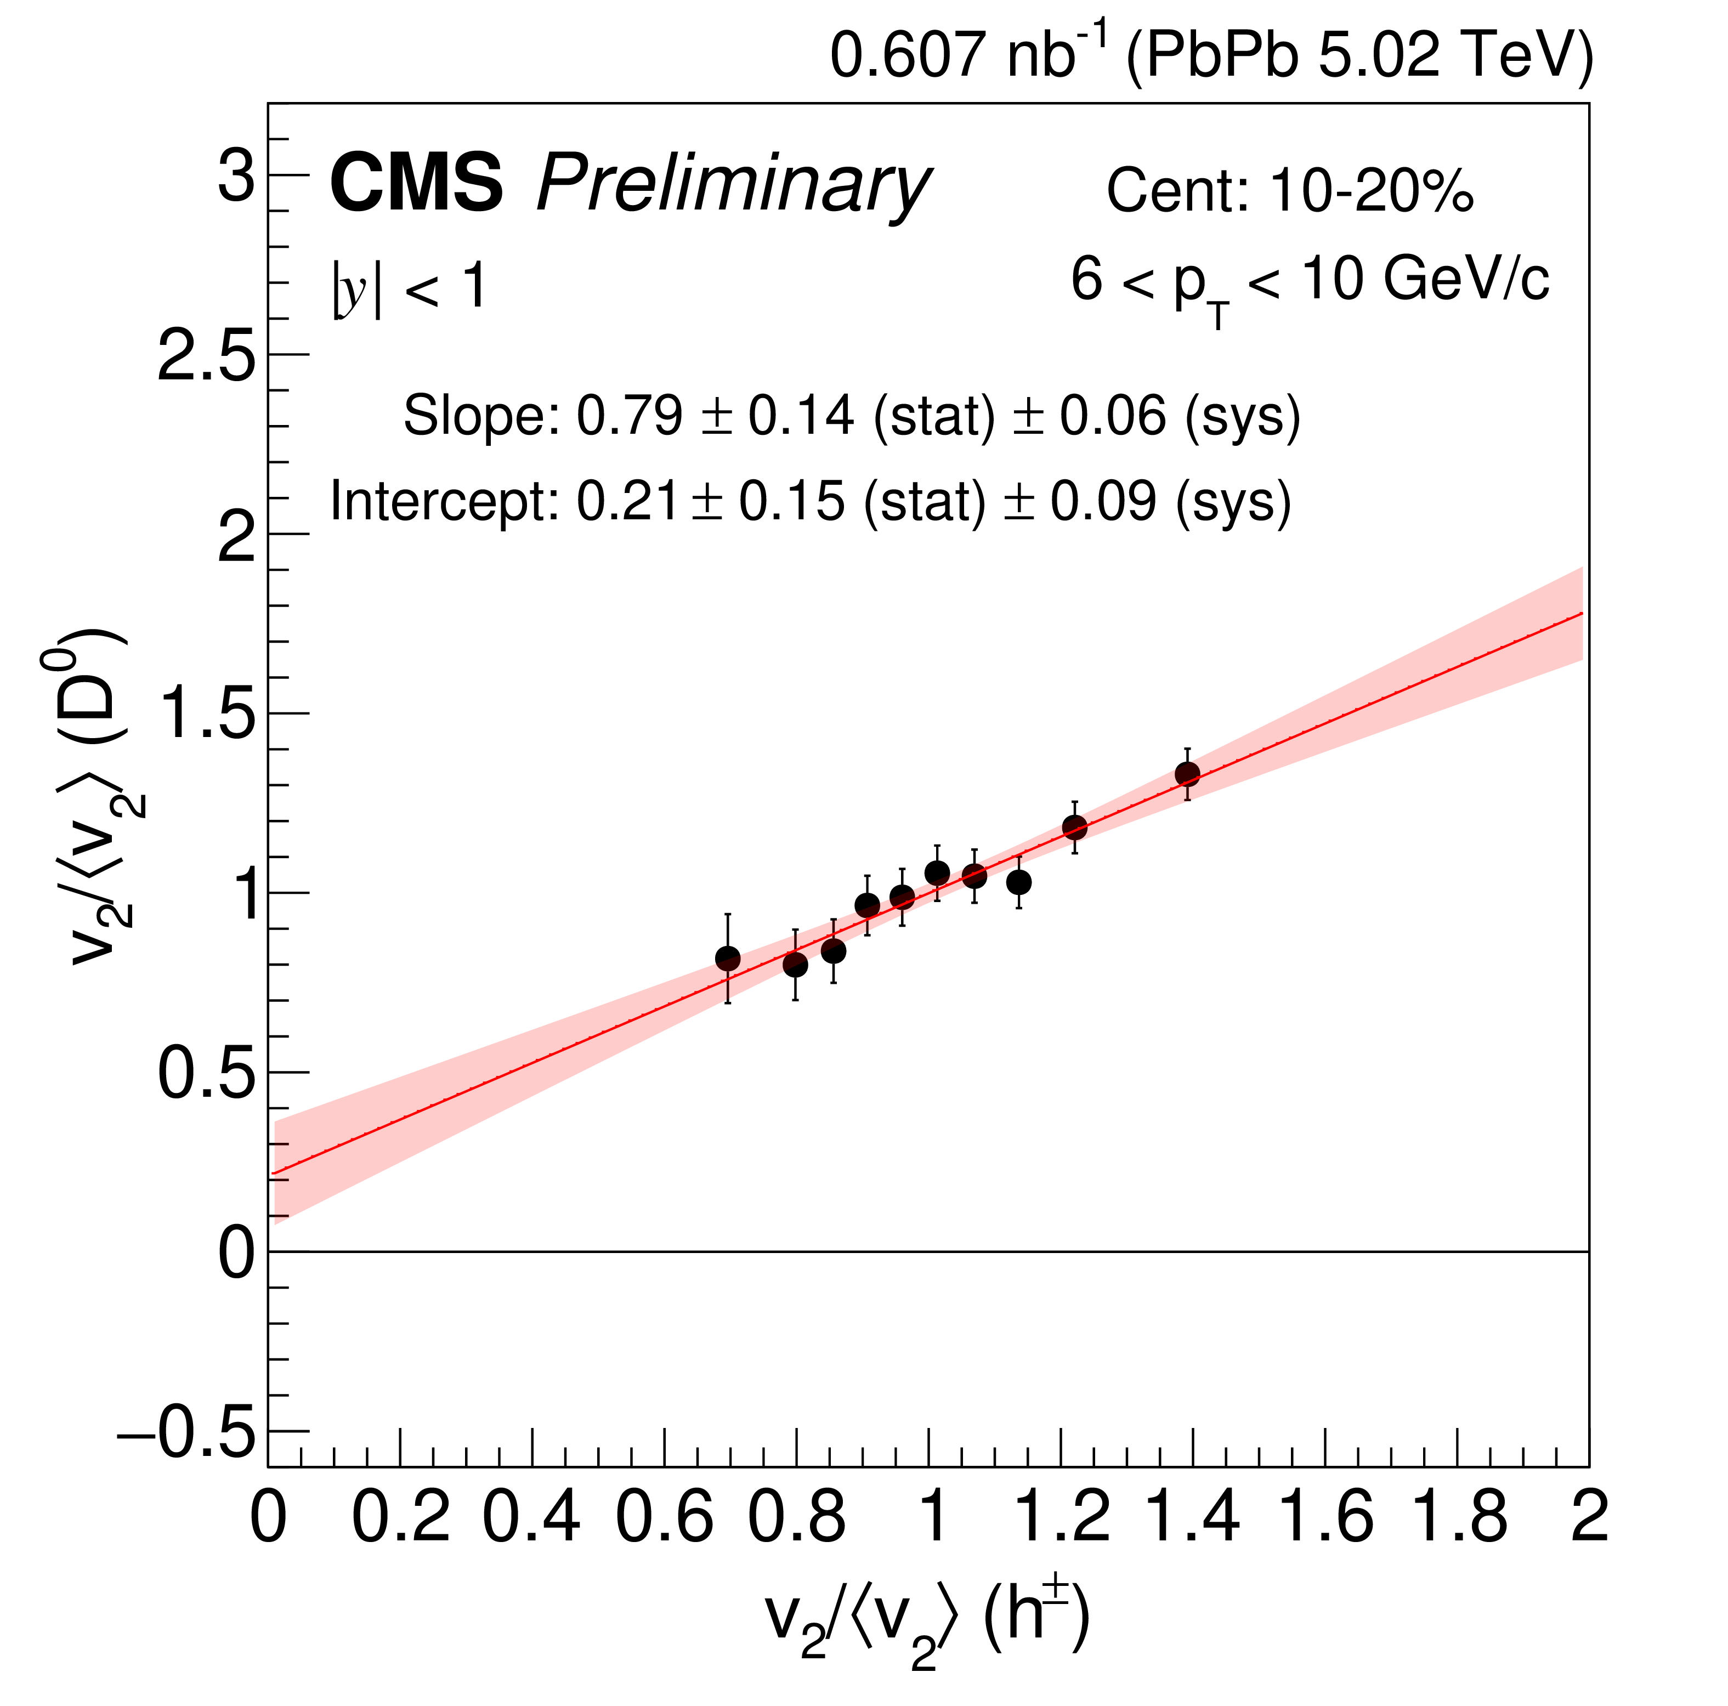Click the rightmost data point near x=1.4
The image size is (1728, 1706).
tap(1187, 774)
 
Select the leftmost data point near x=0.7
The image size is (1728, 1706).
tap(728, 959)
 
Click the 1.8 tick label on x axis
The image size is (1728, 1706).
tap(1458, 1518)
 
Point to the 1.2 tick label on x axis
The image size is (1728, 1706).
tap(1062, 1518)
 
